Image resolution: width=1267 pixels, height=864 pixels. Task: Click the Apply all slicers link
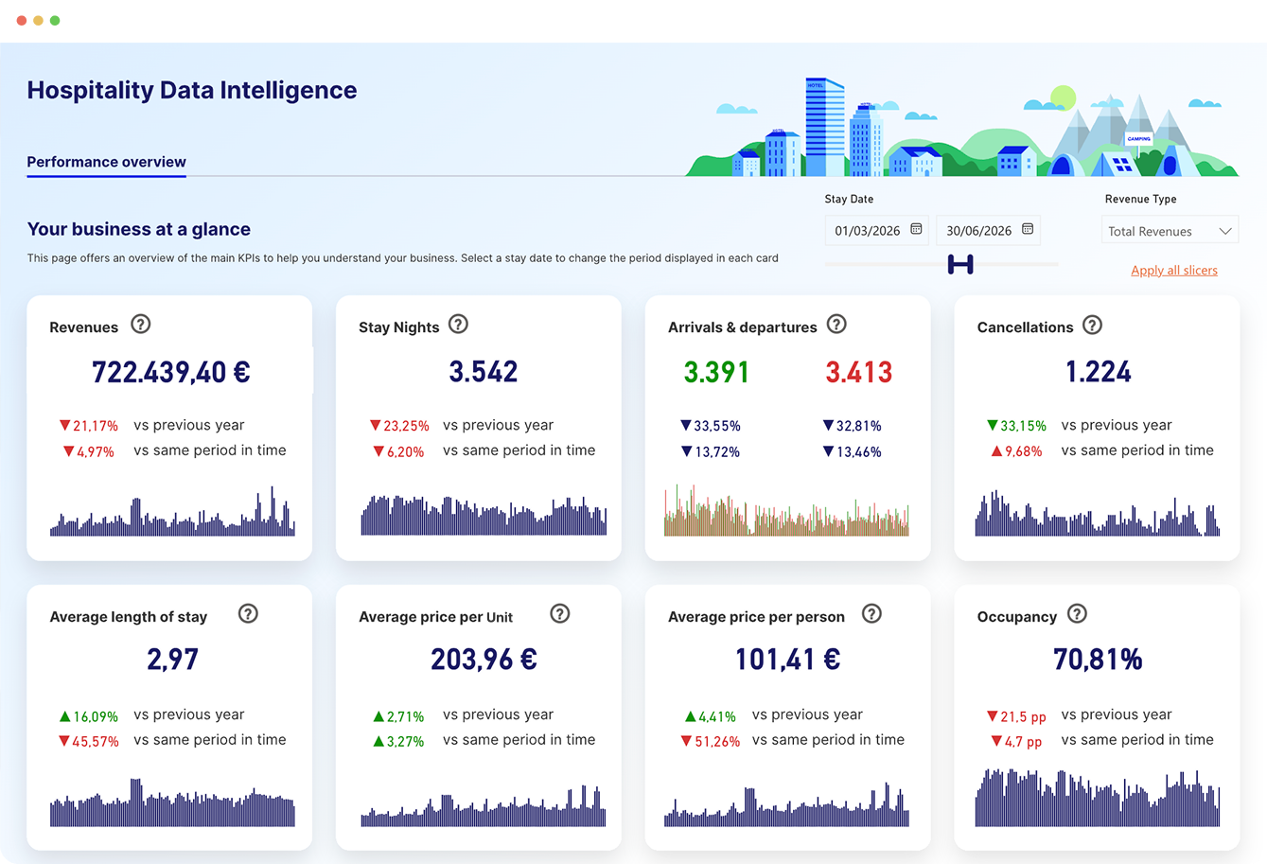coord(1173,271)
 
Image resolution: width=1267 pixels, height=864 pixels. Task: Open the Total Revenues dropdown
coord(1170,231)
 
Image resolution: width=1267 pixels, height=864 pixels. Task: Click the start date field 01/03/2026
coord(876,231)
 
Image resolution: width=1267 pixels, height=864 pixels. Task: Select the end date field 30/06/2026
coord(988,231)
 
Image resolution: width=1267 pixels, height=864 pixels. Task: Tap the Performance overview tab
coord(106,162)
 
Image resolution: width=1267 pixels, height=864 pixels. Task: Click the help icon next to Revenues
coord(141,325)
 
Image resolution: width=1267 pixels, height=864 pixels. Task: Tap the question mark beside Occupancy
coord(1077,614)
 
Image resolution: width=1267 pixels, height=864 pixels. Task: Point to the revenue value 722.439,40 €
coord(170,372)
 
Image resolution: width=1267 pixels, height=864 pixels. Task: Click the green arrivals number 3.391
coord(716,372)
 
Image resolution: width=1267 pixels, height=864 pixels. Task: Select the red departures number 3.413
coord(858,372)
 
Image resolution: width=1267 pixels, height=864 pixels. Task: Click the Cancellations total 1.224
coord(1098,372)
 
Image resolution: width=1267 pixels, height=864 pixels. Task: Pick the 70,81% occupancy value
coord(1098,660)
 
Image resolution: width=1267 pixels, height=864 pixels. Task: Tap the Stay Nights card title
coord(398,327)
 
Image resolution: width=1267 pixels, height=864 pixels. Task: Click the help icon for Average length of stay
coord(248,614)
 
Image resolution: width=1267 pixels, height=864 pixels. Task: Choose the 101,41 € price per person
coord(787,660)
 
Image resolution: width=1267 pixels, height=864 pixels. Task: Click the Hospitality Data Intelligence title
coord(192,91)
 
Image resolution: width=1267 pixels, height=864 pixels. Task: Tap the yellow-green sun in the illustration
coord(1064,97)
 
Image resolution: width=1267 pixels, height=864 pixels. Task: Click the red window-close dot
coord(22,20)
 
